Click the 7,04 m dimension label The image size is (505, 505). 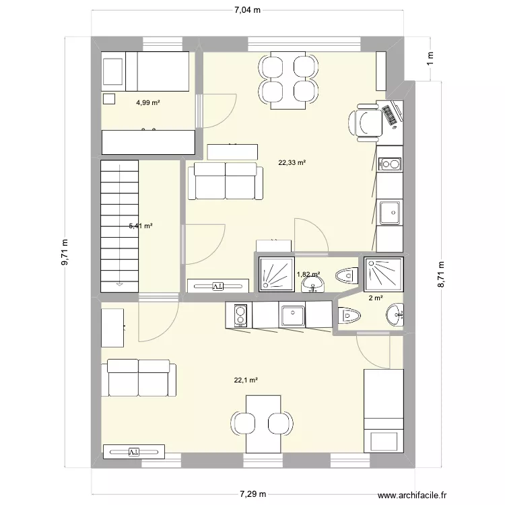point(248,10)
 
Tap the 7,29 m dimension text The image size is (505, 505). point(250,494)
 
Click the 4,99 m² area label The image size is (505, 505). point(147,103)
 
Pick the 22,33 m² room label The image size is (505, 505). point(292,162)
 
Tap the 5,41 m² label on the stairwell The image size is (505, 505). point(140,226)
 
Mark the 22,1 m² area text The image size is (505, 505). point(246,380)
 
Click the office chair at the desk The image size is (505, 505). point(364,122)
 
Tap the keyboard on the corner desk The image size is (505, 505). point(391,114)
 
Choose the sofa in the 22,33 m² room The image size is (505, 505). point(225,180)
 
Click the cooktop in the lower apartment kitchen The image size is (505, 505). point(239,314)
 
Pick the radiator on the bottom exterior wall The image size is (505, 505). point(133,450)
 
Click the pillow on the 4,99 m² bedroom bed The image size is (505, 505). point(113,72)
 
